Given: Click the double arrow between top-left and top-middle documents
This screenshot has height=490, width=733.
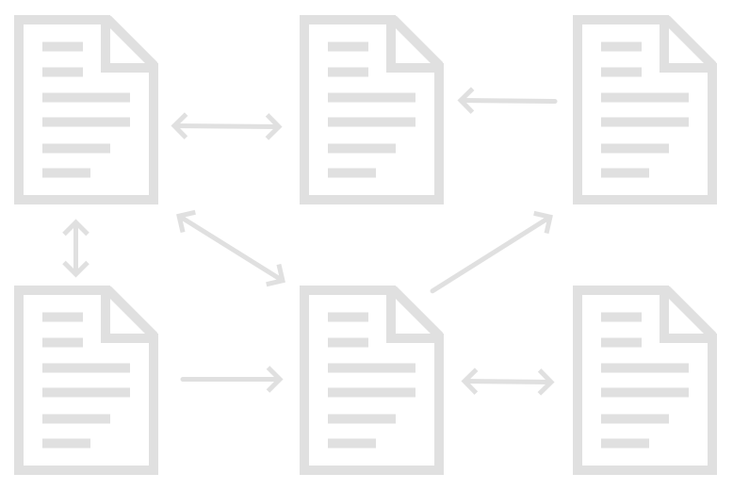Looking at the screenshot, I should click(227, 125).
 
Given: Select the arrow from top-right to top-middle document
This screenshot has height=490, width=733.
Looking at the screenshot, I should click(507, 100).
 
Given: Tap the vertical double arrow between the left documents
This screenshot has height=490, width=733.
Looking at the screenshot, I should click(75, 249).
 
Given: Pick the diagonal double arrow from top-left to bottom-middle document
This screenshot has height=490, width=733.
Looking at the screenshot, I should click(231, 248).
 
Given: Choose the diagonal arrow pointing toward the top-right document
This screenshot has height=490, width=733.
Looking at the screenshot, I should click(491, 253).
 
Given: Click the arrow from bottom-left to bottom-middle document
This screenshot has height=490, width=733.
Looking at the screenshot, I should click(232, 380).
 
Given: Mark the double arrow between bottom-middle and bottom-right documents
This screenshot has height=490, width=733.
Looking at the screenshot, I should click(508, 382).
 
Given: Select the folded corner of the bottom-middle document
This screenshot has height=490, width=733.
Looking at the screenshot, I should click(415, 313).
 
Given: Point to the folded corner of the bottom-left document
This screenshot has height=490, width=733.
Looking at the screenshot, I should click(130, 313).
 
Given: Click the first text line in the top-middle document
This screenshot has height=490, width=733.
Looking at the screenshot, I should click(348, 46).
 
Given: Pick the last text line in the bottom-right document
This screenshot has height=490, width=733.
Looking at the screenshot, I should click(625, 443).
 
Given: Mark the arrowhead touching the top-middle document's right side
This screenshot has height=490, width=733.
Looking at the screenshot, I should click(464, 100).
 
